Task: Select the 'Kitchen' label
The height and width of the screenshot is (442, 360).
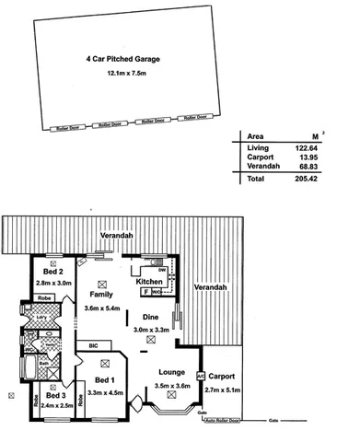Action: pyautogui.click(x=150, y=281)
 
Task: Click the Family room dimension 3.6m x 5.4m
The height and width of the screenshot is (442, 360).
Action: pyautogui.click(x=102, y=308)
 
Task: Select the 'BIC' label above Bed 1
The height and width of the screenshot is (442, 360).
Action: pyautogui.click(x=93, y=345)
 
